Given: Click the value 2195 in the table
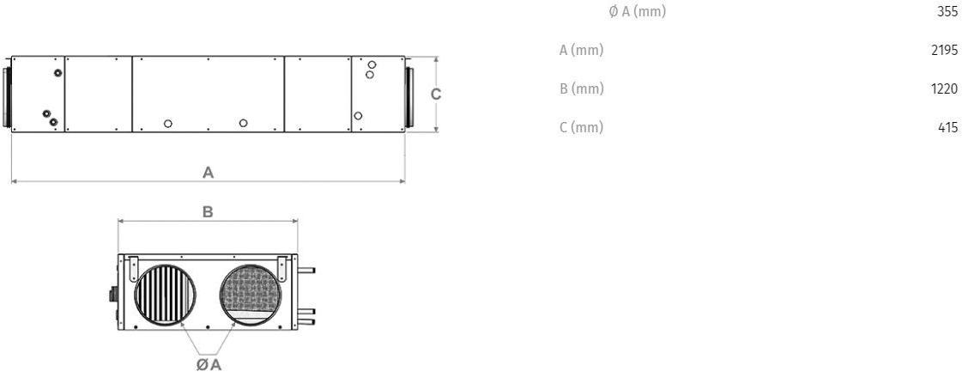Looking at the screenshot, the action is click(x=944, y=51).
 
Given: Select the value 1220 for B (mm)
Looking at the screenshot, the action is click(x=944, y=89).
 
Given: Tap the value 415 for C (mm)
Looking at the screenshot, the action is click(x=948, y=128).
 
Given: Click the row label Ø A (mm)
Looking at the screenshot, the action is click(x=637, y=12).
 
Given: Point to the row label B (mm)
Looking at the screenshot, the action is click(x=582, y=89).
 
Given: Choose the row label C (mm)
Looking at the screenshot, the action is click(x=582, y=128).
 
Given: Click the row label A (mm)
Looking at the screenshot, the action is click(x=582, y=51).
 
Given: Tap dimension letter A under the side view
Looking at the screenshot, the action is click(x=208, y=173).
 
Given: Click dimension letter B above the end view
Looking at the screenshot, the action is click(x=208, y=212).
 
